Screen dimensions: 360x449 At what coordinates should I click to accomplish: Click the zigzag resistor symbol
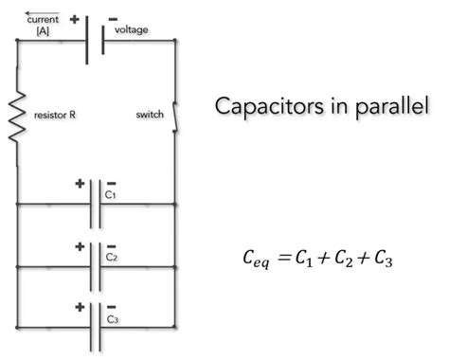(x=17, y=117)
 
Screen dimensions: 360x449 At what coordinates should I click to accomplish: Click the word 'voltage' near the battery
(x=132, y=30)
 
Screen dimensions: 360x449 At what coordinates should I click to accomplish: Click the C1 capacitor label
(x=111, y=194)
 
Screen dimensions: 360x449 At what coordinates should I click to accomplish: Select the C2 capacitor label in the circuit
(x=111, y=256)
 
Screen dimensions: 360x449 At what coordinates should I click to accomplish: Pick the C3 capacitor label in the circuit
(x=111, y=318)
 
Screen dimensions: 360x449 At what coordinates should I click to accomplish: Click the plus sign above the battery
(x=74, y=17)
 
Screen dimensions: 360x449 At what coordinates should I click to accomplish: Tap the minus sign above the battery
(x=113, y=17)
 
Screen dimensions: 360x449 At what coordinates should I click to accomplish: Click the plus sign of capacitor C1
(x=80, y=182)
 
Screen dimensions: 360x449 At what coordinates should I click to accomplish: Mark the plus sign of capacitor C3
(x=80, y=306)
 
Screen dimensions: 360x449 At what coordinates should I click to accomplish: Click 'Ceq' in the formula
(x=259, y=257)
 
